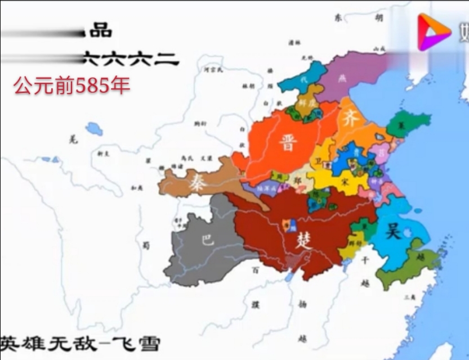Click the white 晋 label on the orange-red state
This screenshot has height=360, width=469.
coord(288,143)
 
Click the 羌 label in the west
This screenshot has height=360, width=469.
coord(72,138)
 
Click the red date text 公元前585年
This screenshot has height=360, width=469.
coord(72,85)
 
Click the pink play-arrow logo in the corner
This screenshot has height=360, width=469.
coord(434,31)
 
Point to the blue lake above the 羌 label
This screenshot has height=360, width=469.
coord(94,129)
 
